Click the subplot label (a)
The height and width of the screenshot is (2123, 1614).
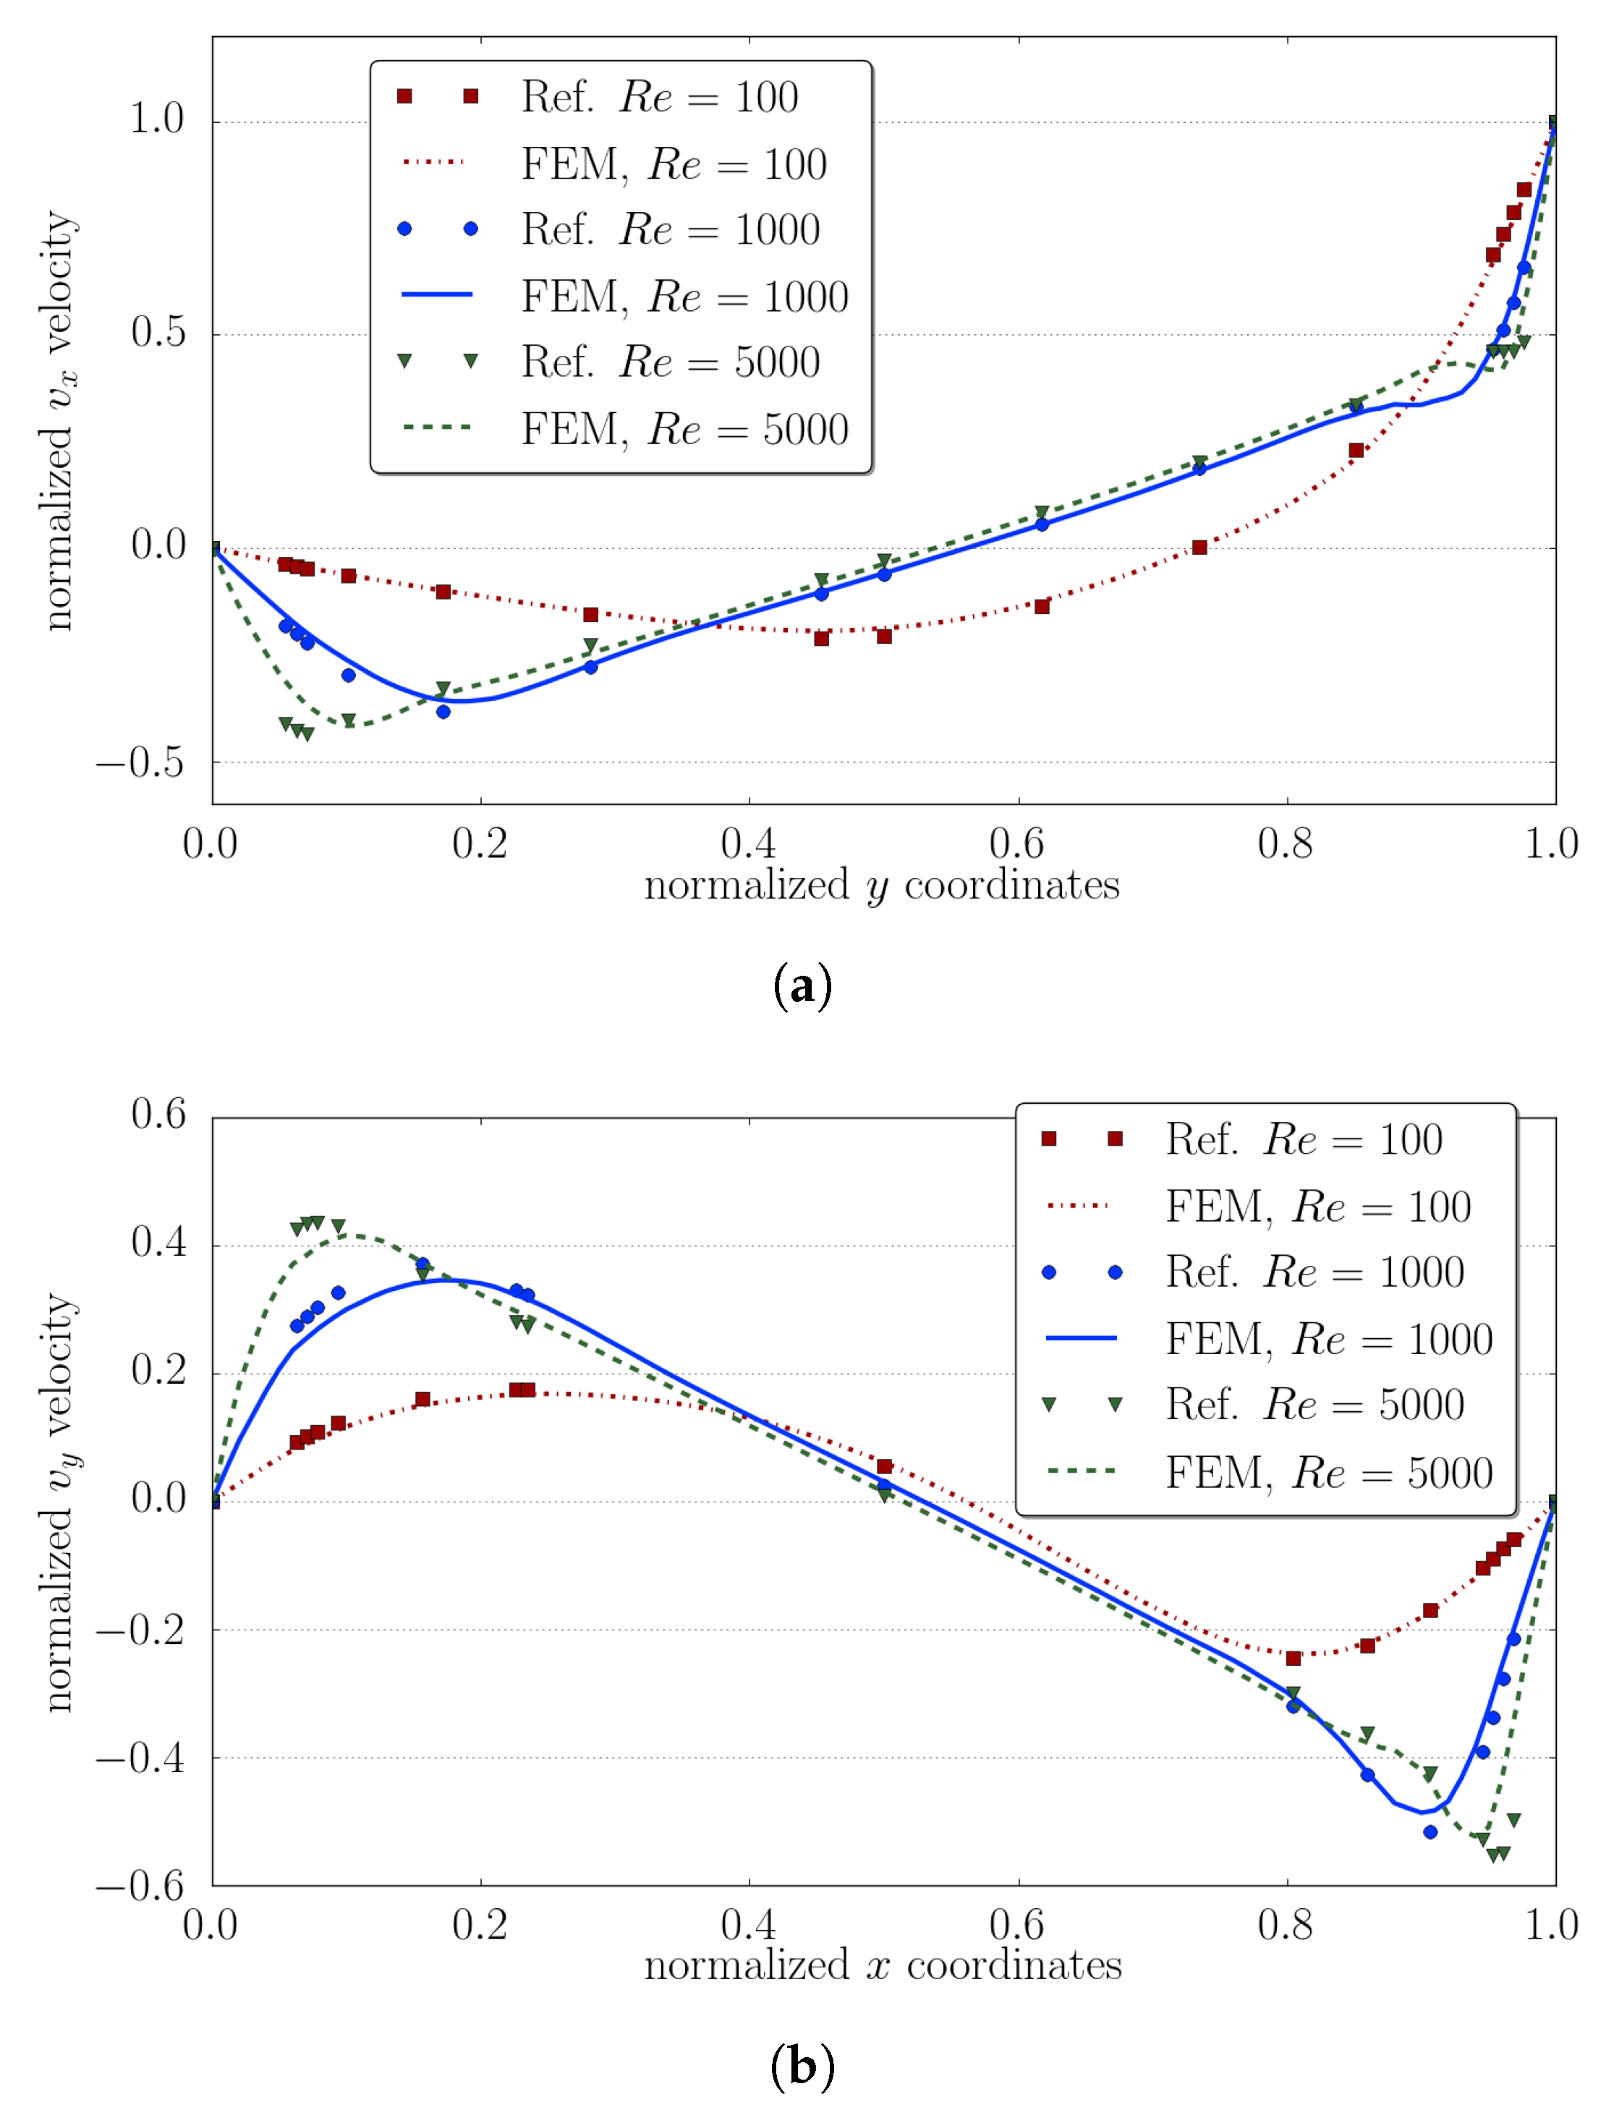(x=802, y=986)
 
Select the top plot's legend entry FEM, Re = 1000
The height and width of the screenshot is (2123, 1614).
(x=684, y=297)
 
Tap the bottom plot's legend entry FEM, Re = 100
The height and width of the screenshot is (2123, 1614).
(x=1317, y=1207)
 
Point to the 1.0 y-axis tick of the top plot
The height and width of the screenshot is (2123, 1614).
(x=156, y=119)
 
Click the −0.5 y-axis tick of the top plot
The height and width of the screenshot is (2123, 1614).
(x=140, y=762)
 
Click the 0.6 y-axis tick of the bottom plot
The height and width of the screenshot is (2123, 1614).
(x=158, y=1115)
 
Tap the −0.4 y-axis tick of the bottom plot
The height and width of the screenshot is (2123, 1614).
(x=140, y=1758)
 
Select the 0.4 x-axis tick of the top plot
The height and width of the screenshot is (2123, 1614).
(x=748, y=844)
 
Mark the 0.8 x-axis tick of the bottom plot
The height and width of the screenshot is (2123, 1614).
(x=1286, y=1925)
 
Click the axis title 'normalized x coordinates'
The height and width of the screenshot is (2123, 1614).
(x=882, y=1965)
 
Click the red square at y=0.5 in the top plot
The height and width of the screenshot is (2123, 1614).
(x=884, y=636)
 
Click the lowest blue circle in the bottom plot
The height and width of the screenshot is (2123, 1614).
(x=1430, y=1832)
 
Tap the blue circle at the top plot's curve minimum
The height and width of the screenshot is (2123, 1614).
(x=443, y=712)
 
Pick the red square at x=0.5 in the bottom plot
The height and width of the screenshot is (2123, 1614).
(x=884, y=1467)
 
